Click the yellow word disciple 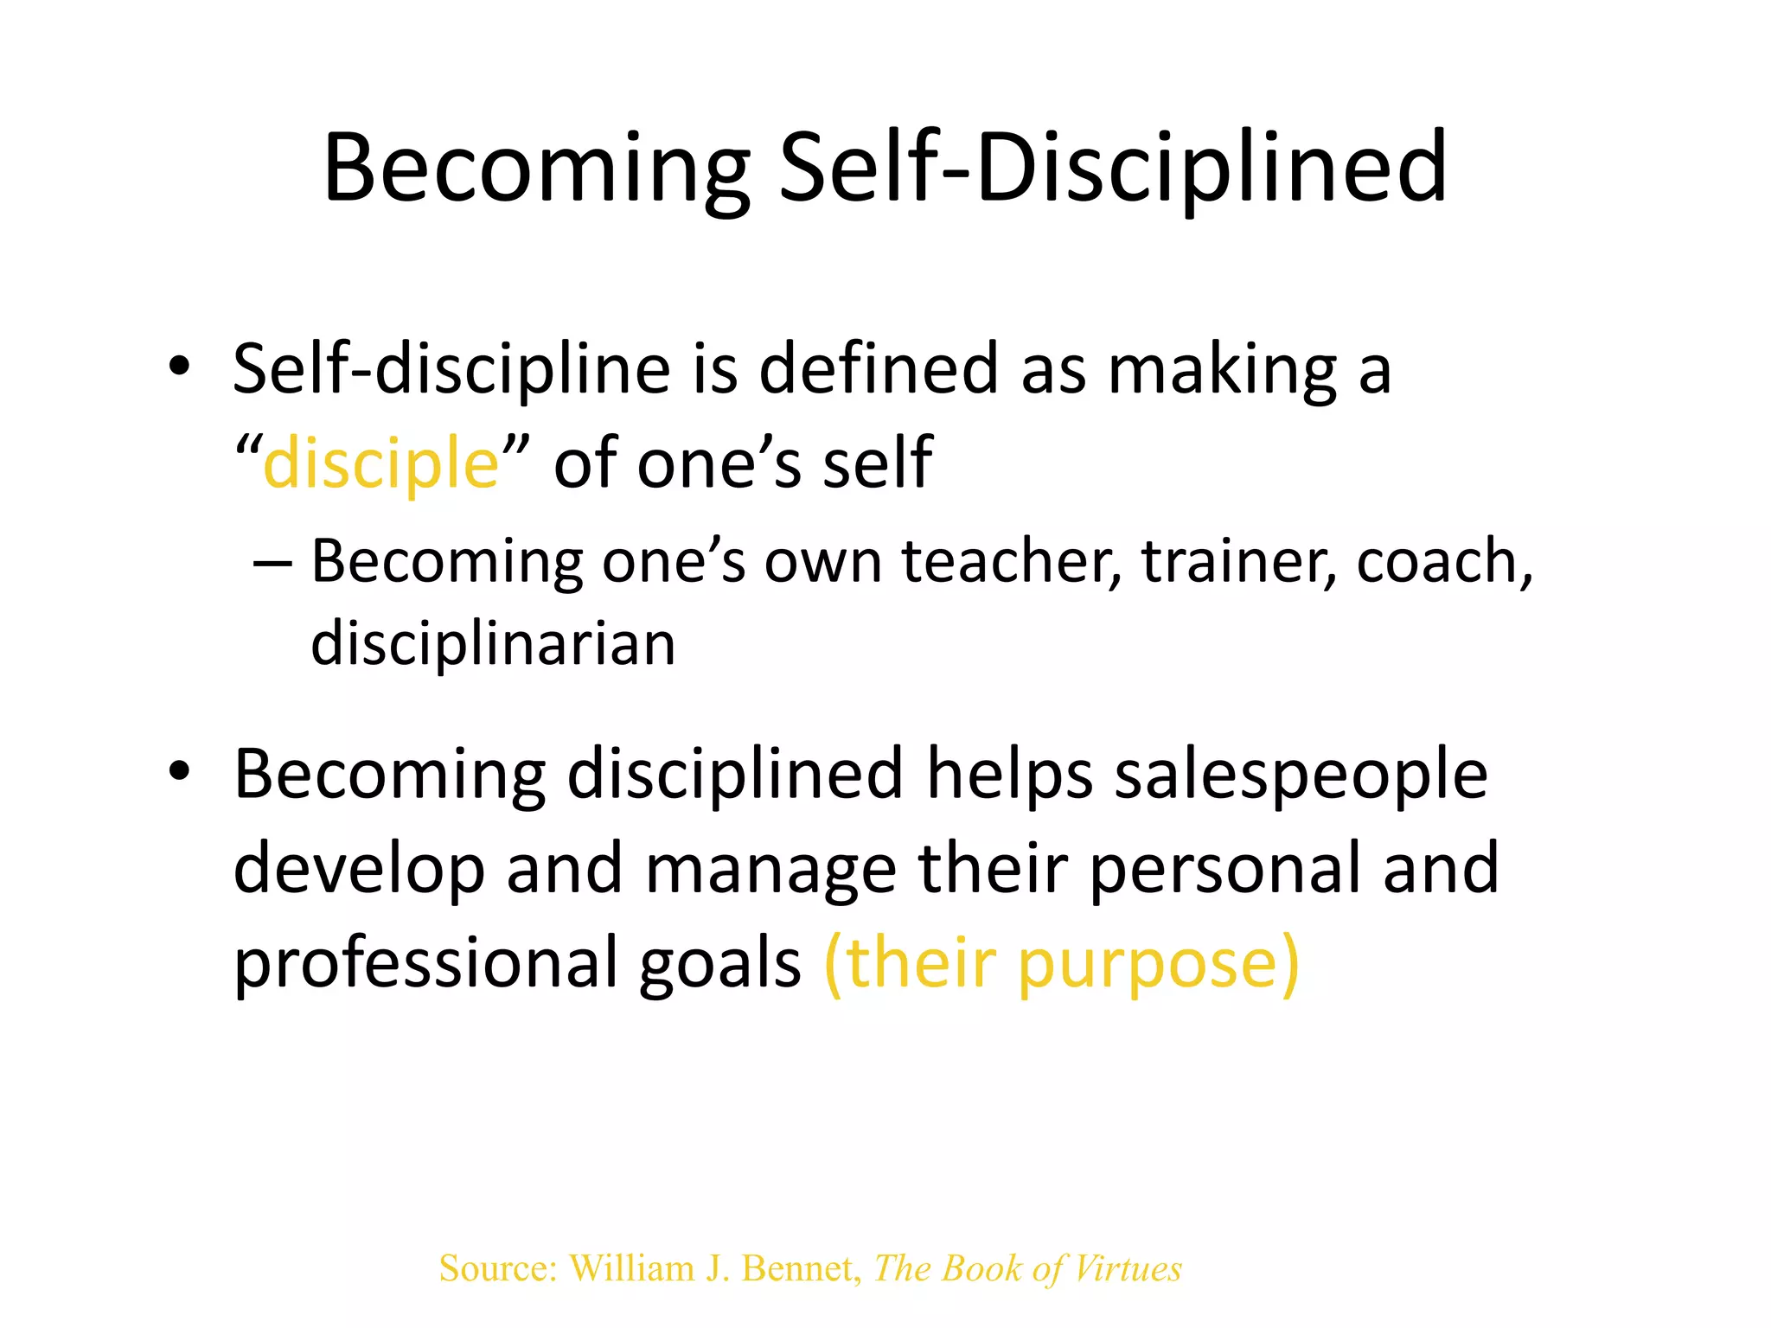[x=381, y=463]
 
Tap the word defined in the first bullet [x=879, y=369]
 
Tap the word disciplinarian [x=493, y=644]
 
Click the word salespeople [x=1301, y=774]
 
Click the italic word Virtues [x=1127, y=1268]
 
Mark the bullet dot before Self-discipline [x=179, y=367]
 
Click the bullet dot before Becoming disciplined [x=179, y=771]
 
